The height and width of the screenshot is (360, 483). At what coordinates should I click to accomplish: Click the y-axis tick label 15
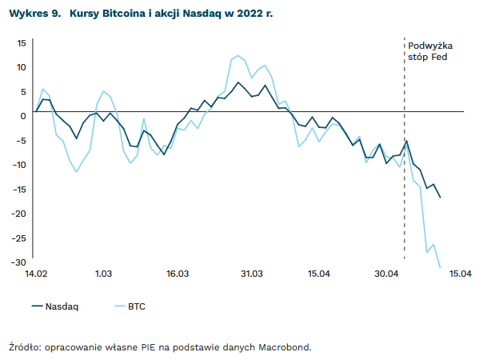pos(22,42)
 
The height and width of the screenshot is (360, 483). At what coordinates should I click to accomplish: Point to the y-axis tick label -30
pos(20,262)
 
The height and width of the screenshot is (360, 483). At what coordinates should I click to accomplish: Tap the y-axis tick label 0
pos(24,116)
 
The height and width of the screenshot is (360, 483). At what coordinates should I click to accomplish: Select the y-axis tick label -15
pos(20,190)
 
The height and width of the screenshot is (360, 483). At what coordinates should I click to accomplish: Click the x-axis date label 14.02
pos(37,274)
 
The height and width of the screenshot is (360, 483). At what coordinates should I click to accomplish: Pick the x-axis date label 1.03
pos(103,274)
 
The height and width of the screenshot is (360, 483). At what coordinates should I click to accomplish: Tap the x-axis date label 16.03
pos(178,274)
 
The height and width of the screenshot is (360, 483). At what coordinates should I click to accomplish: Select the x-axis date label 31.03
pos(252,274)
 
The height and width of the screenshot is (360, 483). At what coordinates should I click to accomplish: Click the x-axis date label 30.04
pos(387,274)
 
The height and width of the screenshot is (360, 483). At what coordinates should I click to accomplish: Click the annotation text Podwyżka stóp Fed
pos(430,51)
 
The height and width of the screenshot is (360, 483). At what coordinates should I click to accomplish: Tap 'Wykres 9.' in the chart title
pos(34,14)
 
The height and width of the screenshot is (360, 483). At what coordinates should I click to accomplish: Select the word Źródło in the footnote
pos(24,347)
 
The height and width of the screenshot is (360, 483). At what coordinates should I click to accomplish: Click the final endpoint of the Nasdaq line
pos(441,198)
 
